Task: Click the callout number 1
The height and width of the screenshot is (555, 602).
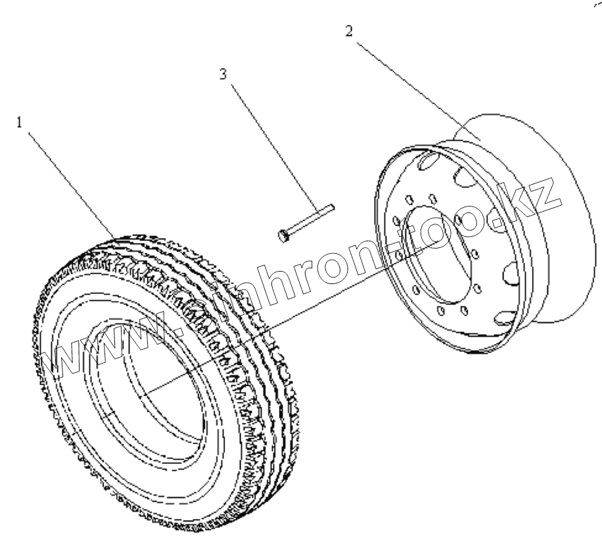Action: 20,122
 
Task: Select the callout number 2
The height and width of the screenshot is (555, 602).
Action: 349,30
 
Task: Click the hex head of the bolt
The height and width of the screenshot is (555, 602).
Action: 283,234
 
